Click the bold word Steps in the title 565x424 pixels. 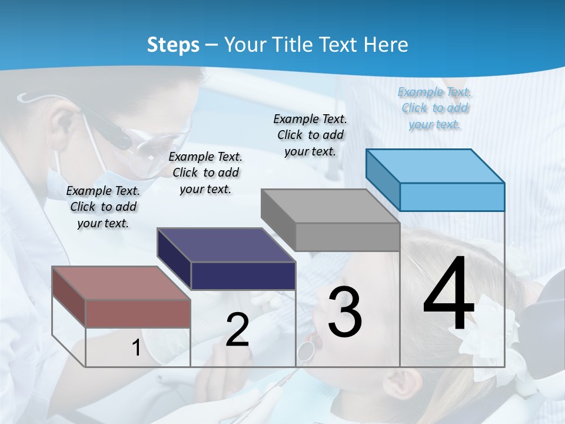coord(173,45)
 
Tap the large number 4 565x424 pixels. coord(448,294)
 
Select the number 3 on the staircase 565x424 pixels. coord(344,312)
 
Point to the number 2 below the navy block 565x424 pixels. coord(237,330)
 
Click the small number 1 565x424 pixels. coord(136,348)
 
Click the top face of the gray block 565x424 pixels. coord(330,206)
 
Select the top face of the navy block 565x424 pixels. coord(226,245)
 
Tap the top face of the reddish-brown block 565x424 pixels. coord(121,283)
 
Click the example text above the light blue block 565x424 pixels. coord(435,108)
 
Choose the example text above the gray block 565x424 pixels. coord(311,135)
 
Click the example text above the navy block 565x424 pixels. coord(205,173)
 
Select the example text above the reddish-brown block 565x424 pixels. coord(103,207)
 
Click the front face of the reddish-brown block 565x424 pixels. coord(138,313)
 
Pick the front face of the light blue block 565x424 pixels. coord(452,197)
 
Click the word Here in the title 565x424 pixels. coord(386,45)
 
